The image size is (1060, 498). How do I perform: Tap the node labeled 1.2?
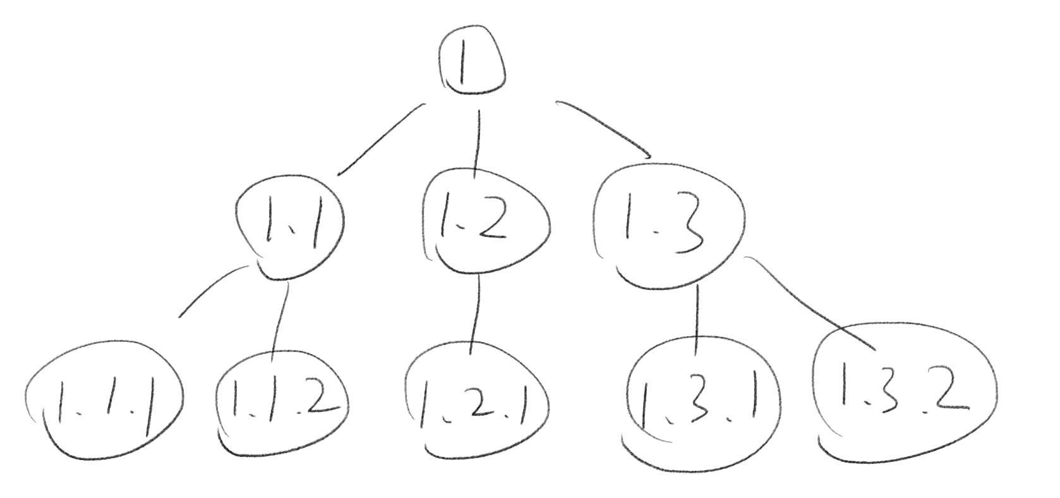[483, 221]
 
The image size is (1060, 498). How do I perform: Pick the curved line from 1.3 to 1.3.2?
[809, 303]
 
